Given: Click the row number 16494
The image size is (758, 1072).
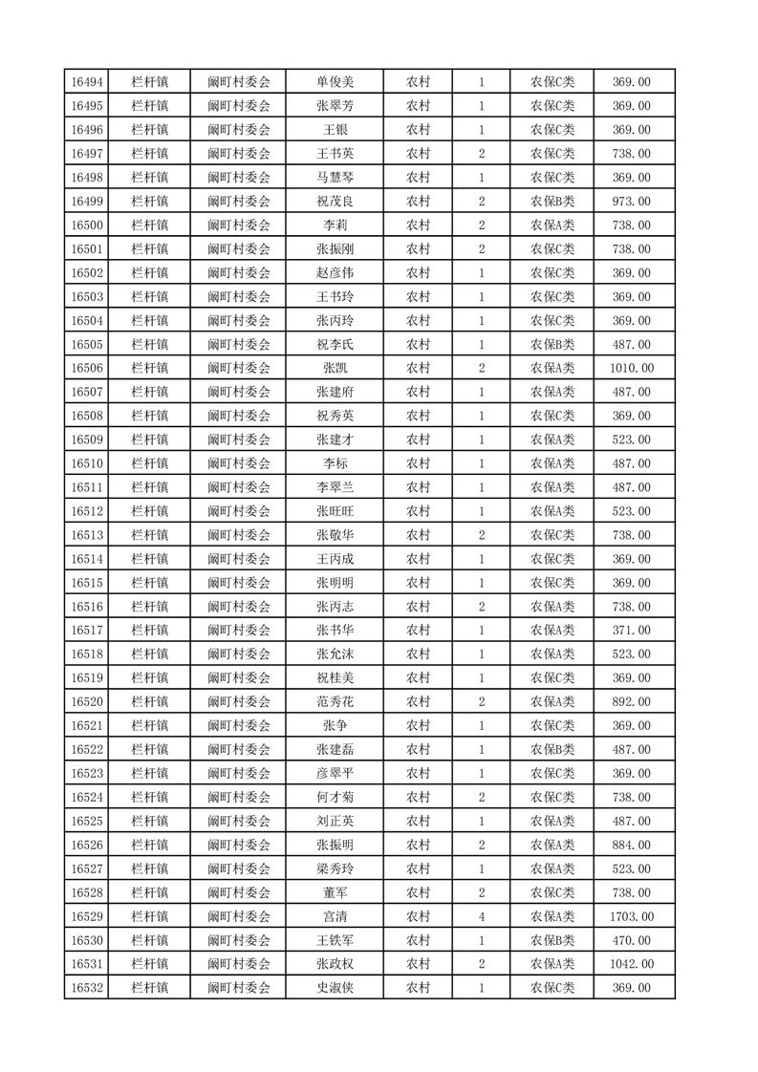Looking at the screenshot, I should point(87,82).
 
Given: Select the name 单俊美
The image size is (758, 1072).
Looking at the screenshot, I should point(336,82).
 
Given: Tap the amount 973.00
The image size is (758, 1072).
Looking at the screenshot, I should point(631,202).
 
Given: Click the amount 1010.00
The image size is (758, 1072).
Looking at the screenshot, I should point(631,368).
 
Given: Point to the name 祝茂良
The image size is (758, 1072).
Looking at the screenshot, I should point(336,202).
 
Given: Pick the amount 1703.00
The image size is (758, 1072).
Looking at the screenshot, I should point(631,916).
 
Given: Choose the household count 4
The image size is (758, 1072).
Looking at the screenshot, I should point(481,916).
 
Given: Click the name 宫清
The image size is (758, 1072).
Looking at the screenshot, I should point(336,916).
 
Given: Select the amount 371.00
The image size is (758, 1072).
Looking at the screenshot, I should point(631,631).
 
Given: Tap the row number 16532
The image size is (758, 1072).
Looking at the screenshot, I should point(87,988).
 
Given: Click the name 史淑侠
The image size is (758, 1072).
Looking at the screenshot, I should point(336,988).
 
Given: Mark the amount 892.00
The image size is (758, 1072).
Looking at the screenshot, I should point(631,702).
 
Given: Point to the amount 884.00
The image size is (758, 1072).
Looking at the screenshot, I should point(631,845).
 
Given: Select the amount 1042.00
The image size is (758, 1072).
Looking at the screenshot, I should point(631,964).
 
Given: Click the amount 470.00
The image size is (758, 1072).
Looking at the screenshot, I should point(631,940).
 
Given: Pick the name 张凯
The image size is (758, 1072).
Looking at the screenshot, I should point(336,368).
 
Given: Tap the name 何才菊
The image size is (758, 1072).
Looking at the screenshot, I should point(336,797).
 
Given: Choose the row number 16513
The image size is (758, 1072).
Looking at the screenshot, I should point(87,535).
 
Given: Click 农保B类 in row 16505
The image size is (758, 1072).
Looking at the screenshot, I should point(552,344).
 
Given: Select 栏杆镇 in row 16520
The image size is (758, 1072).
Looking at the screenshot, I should point(150,702).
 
